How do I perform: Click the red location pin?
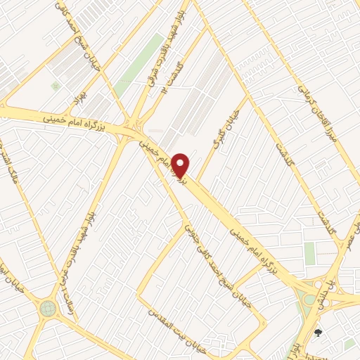click(181, 165)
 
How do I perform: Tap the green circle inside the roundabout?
click(48, 308)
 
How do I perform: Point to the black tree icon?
click(318, 333)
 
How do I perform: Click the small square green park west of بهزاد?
click(55, 86)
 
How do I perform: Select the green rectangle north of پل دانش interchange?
click(309, 253)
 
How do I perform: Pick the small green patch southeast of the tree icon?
click(349, 344)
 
